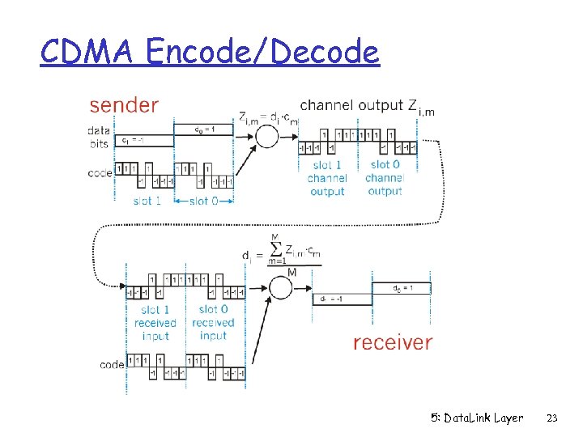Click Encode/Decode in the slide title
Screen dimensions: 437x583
263,53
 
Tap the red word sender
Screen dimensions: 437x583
124,105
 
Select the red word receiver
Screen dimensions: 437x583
393,342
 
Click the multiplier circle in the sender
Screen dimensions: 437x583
267,136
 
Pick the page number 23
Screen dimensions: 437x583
552,418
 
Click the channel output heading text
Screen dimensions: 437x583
351,105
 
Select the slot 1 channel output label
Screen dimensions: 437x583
327,178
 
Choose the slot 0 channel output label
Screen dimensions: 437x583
385,178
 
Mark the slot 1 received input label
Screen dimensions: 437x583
155,322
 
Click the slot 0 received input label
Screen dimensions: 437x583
213,322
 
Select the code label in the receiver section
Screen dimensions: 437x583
112,365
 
